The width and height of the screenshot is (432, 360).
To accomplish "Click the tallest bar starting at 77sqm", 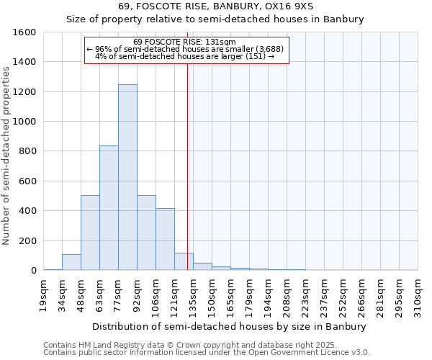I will pyautogui.click(x=127, y=177).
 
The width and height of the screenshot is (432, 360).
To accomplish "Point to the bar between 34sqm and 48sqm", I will pyautogui.click(x=71, y=262).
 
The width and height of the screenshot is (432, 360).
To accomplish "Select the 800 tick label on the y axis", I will pyautogui.click(x=27, y=151).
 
